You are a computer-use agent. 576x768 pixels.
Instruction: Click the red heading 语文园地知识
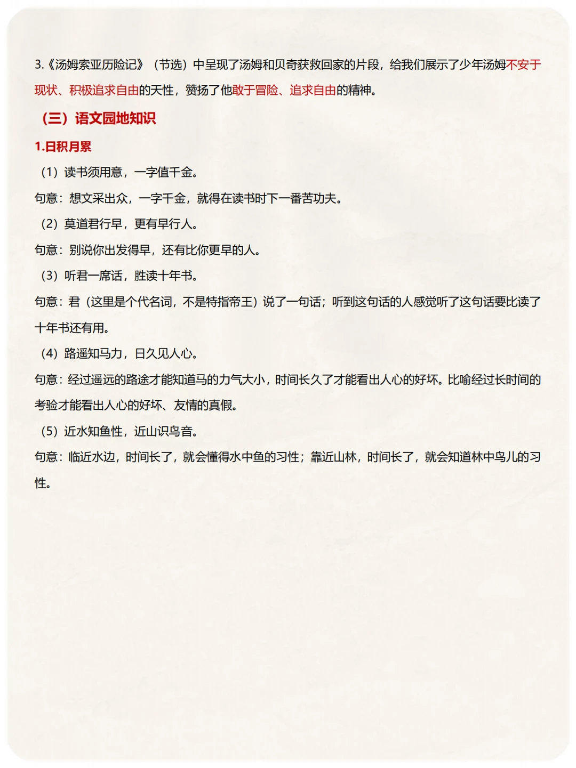coord(115,118)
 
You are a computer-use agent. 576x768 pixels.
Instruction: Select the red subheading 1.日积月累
coord(63,147)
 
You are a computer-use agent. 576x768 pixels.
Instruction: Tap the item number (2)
coord(50,224)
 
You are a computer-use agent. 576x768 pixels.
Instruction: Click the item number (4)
coord(50,353)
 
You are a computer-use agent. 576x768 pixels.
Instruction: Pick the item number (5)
coord(50,431)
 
